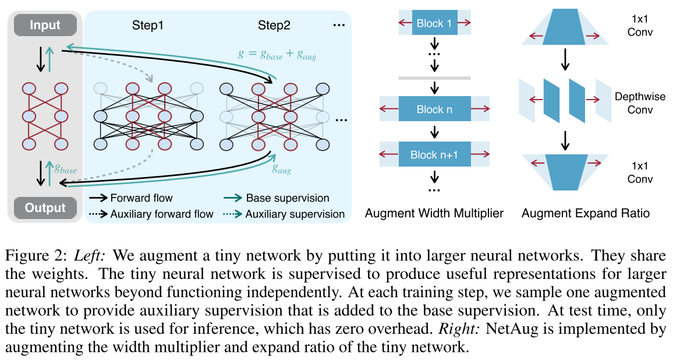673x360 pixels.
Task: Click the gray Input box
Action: click(x=45, y=25)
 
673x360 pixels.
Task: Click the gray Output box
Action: click(x=45, y=207)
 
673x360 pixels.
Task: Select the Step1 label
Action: click(x=147, y=26)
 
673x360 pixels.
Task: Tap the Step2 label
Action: click(x=274, y=26)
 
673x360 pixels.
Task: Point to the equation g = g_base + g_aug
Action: click(x=277, y=54)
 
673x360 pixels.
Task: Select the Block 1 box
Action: click(x=434, y=24)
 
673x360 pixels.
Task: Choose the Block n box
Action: click(x=434, y=109)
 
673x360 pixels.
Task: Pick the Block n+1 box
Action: click(x=434, y=154)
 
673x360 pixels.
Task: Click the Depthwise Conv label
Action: click(x=640, y=103)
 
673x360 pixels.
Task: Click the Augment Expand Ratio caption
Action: click(x=585, y=213)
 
